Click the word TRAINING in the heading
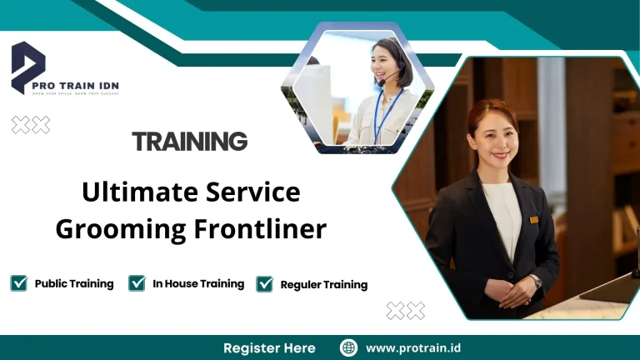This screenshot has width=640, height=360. pos(190,141)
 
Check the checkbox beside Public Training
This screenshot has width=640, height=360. pos(19,283)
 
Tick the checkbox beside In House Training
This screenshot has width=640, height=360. pos(137,283)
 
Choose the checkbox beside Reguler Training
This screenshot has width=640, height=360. pos(265,284)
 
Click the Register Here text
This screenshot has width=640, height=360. pos(269,347)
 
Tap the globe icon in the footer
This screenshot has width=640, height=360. pos(348,347)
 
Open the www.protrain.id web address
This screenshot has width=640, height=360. pos(414,347)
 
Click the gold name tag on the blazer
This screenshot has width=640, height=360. pos(533,219)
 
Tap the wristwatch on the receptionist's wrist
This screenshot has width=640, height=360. pos(535,282)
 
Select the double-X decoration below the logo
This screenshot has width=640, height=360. pos(31,125)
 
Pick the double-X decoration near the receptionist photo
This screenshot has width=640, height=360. pos(406,311)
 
